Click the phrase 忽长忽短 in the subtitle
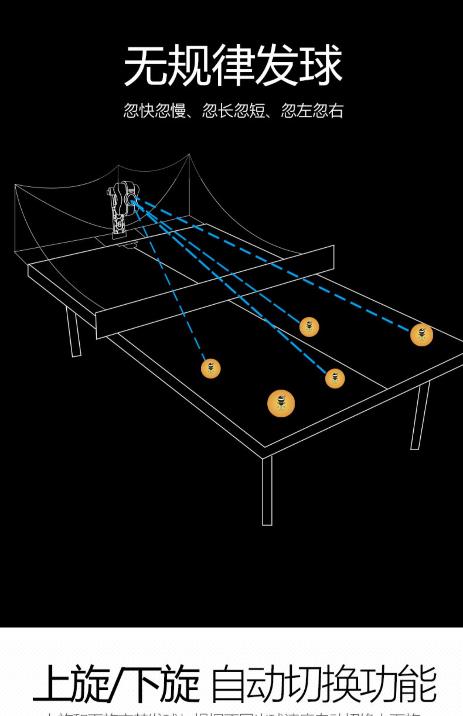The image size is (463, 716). click(x=234, y=111)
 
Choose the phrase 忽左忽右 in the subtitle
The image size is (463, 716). click(x=312, y=111)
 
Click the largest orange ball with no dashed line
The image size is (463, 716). click(x=281, y=403)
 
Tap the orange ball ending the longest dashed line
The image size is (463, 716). click(x=421, y=335)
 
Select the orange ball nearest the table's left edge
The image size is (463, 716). click(x=211, y=368)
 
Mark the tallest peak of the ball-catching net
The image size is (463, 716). click(x=189, y=155)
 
